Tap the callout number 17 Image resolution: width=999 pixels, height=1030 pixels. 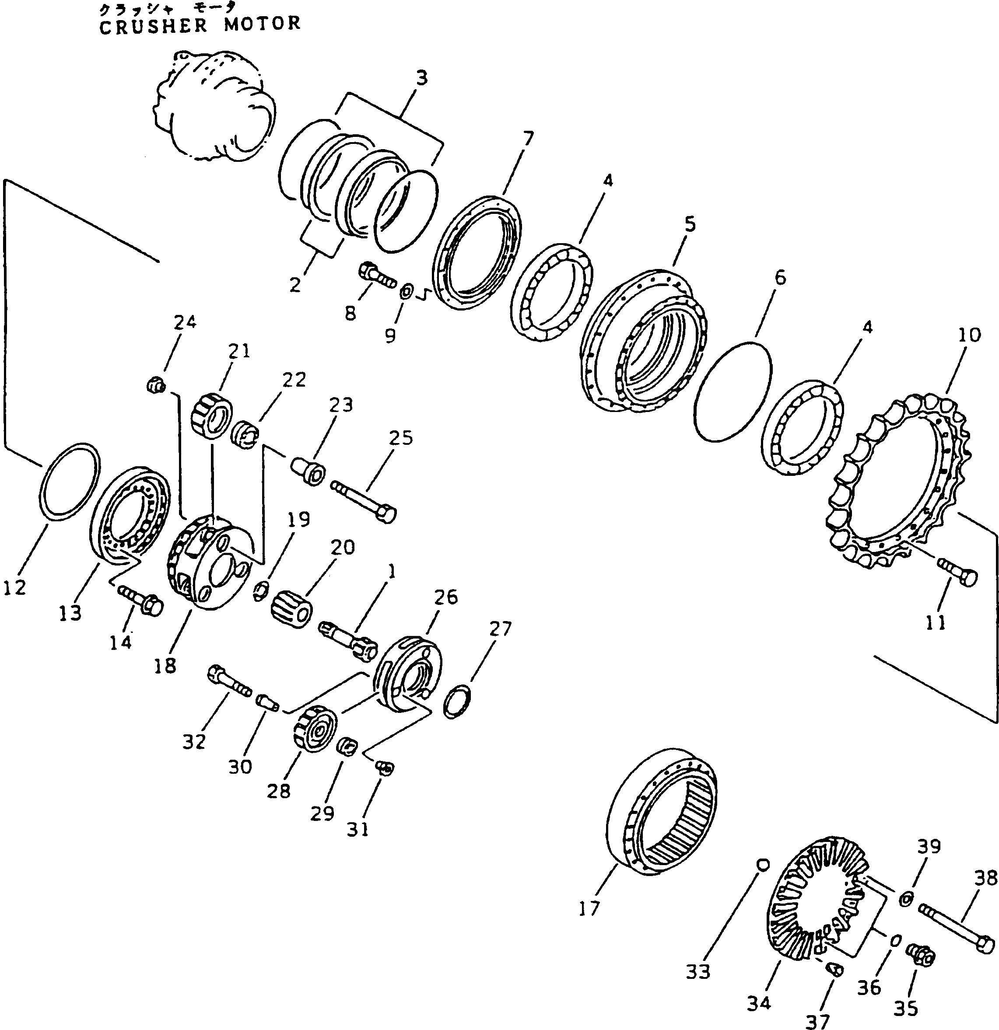tap(589, 908)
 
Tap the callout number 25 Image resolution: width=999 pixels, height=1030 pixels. tap(401, 438)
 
